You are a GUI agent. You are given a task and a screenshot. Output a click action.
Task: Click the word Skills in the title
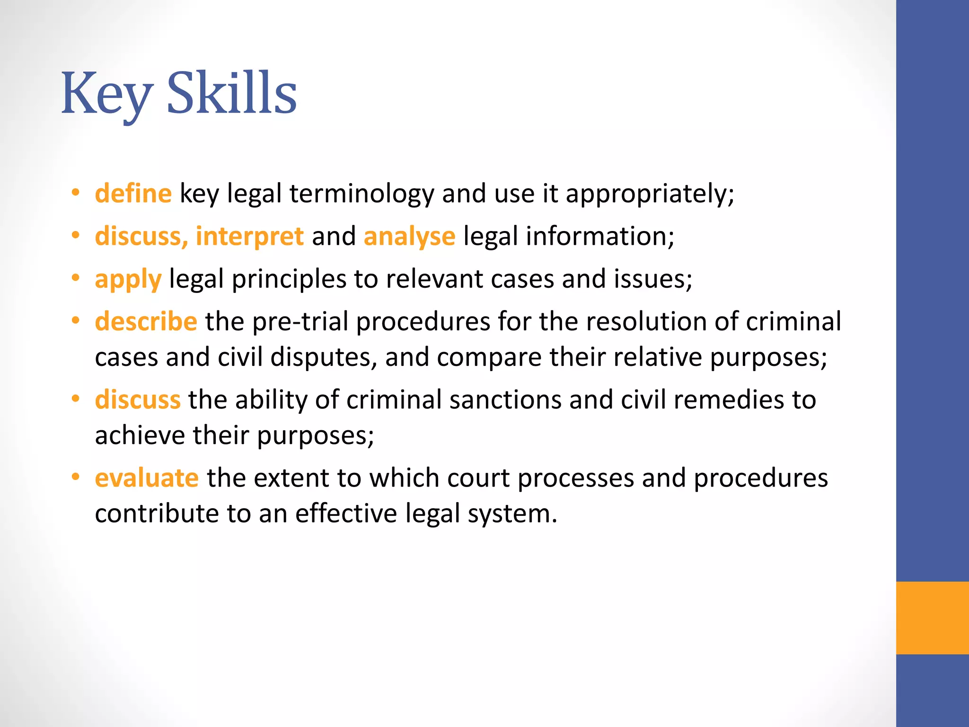coord(231,93)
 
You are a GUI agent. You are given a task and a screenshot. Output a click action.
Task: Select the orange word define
coord(133,194)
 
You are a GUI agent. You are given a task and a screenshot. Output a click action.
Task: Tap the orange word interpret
coord(249,236)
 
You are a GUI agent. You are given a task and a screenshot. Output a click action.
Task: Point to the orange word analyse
coord(409,236)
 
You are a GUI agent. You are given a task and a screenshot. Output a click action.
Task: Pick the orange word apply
coord(128,279)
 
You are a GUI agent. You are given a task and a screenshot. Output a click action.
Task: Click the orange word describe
coord(146,321)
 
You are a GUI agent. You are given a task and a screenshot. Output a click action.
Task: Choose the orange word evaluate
coord(147,478)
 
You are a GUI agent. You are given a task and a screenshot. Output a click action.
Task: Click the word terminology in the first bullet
coord(361,194)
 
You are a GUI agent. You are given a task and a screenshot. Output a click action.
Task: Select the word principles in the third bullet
coord(289,279)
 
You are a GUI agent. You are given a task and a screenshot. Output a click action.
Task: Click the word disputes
coord(324,357)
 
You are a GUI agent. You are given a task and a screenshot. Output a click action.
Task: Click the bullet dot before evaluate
coord(75,477)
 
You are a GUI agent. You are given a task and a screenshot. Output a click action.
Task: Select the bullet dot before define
coord(75,193)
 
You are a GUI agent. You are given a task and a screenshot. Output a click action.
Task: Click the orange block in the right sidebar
coord(932,618)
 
